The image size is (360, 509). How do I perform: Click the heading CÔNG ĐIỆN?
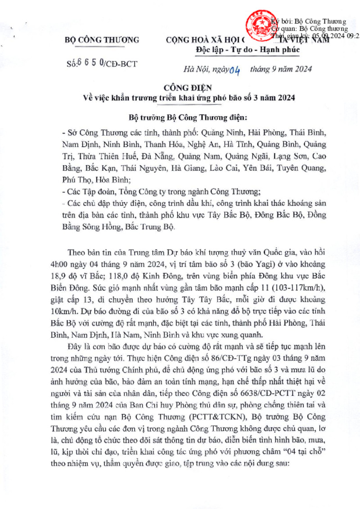coord(180,87)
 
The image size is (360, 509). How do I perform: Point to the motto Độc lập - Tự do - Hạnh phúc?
coord(248,49)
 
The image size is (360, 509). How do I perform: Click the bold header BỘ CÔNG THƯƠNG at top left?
coord(102,39)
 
